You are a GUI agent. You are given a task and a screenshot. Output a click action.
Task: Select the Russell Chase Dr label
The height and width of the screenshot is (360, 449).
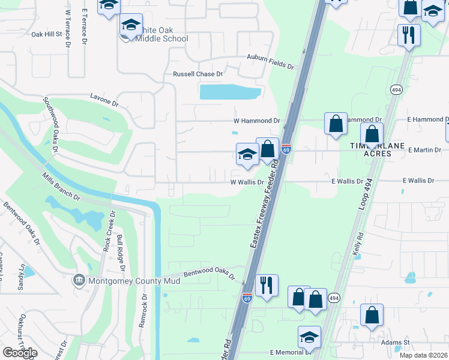(x=197, y=74)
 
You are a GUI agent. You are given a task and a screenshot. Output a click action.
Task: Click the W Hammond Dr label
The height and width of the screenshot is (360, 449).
(x=256, y=121)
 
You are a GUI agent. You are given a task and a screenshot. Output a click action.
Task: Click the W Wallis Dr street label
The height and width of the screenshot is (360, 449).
(x=247, y=182)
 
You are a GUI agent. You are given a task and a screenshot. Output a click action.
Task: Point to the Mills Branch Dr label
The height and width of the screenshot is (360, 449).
(x=61, y=186)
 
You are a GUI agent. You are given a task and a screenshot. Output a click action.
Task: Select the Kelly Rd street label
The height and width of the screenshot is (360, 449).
(x=359, y=245)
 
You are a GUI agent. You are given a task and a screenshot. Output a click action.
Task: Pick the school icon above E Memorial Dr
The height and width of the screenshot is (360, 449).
(x=309, y=337)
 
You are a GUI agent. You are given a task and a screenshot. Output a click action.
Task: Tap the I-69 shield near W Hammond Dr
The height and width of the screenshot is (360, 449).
(x=286, y=147)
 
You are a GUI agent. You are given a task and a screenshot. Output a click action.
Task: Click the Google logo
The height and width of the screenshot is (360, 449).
(x=20, y=353)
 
